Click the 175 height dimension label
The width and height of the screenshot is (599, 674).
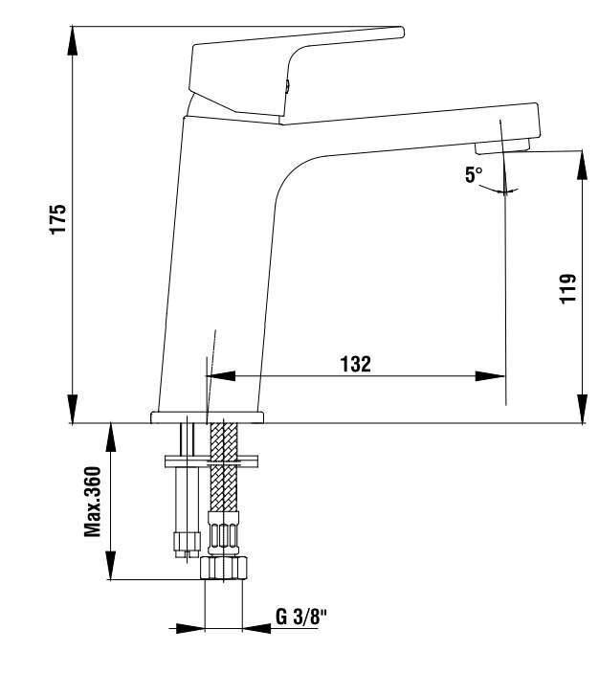click(x=58, y=219)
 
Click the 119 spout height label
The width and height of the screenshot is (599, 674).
click(x=567, y=288)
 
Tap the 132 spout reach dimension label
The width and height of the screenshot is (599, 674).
click(x=355, y=364)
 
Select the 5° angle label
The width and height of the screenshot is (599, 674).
click(x=474, y=175)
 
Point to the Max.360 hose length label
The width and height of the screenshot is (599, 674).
click(x=93, y=502)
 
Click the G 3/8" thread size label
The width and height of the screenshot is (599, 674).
click(x=301, y=618)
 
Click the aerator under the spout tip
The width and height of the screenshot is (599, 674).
click(x=502, y=146)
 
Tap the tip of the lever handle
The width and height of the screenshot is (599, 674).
click(x=402, y=32)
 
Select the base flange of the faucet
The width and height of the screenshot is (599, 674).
click(x=207, y=417)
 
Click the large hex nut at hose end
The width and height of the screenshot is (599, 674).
click(x=224, y=569)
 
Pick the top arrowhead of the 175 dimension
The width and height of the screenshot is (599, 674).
click(x=73, y=40)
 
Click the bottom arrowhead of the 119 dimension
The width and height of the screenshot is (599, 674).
click(x=582, y=409)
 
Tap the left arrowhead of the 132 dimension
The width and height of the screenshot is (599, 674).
click(x=221, y=376)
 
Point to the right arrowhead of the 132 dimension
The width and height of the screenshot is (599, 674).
click(x=490, y=376)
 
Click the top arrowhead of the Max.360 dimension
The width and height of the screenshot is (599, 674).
click(x=111, y=438)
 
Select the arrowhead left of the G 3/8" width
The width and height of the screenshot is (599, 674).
click(x=190, y=628)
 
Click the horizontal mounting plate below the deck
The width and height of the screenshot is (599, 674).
click(x=211, y=461)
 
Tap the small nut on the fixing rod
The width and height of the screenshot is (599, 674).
click(x=187, y=542)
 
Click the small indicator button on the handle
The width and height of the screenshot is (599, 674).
click(x=288, y=86)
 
